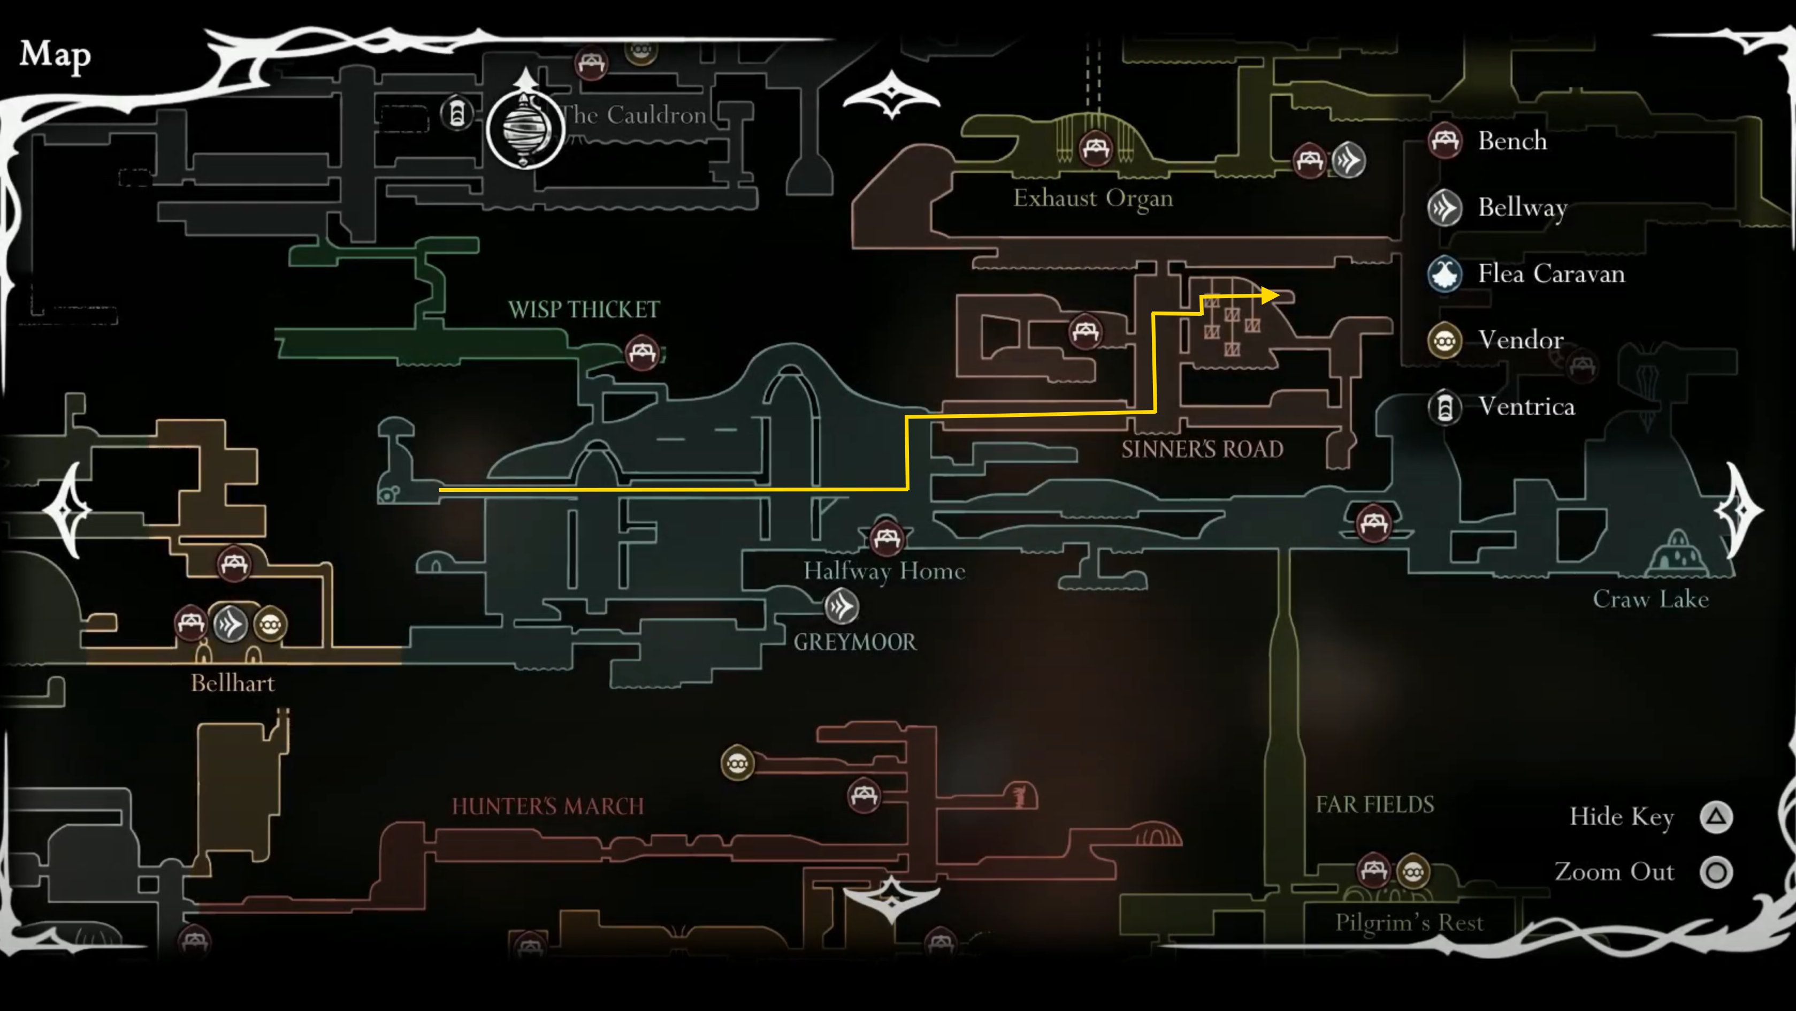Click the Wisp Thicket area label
584,309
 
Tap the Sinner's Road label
1202,449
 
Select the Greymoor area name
855,642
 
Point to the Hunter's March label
547,807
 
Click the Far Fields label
1375,804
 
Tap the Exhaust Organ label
1092,199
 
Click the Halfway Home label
884,572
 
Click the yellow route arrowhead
1270,295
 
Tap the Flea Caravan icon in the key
1445,273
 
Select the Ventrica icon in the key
1445,407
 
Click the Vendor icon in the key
1445,340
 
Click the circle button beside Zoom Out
1716,872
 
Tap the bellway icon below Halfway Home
842,606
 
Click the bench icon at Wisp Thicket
641,352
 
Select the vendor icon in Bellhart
270,624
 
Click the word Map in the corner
55,55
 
